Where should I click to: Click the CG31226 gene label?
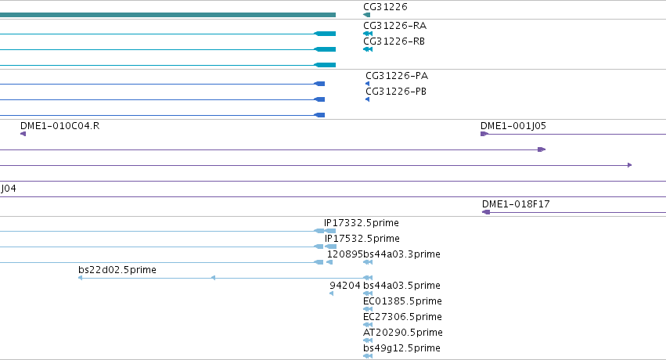[385, 7]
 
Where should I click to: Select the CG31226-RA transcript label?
[395, 26]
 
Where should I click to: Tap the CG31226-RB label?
[394, 41]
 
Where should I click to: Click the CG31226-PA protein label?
[397, 76]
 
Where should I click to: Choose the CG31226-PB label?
[396, 92]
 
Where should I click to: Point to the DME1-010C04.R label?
[60, 126]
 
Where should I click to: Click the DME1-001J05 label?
[513, 126]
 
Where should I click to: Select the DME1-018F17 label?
[516, 203]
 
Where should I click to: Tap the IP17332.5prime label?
[362, 223]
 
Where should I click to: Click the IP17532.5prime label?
[362, 239]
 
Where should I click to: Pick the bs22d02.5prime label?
[117, 270]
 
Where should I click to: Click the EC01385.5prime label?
[402, 301]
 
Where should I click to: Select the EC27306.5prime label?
[402, 317]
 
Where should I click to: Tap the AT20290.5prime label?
[403, 333]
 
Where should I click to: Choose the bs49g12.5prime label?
[401, 348]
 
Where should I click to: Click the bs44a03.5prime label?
[401, 286]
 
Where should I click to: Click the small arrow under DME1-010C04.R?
[23, 134]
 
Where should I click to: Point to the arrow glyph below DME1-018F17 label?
[486, 212]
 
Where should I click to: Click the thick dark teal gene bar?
[167, 15]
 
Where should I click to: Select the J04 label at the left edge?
[9, 189]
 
